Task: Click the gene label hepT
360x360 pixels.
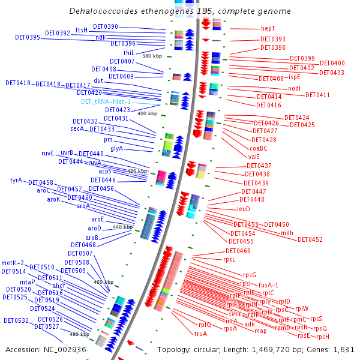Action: tap(268, 28)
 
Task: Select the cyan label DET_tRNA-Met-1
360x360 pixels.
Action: tap(106, 101)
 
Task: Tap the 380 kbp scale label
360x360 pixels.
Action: tap(152, 56)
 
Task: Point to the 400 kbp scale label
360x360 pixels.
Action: tap(147, 113)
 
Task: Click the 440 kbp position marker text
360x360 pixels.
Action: tap(122, 227)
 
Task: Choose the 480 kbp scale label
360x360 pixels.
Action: tap(79, 334)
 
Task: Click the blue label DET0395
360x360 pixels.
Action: tap(28, 37)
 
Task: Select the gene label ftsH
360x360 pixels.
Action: tap(82, 30)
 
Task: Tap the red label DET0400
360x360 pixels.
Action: tap(332, 63)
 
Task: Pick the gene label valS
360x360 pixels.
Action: tap(254, 157)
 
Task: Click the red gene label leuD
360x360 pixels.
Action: tap(244, 209)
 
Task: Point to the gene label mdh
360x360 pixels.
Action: tap(287, 233)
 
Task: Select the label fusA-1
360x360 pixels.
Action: tap(268, 285)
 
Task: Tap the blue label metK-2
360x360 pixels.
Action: tap(13, 263)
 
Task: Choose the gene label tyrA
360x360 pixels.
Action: tap(16, 180)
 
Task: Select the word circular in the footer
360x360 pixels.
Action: tap(211, 349)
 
